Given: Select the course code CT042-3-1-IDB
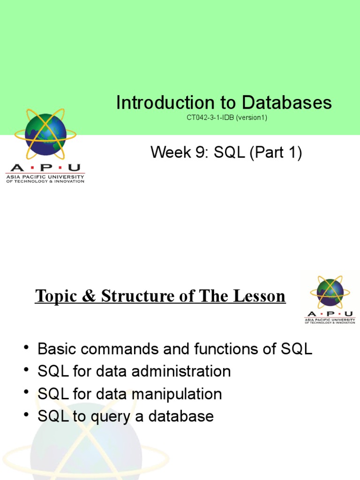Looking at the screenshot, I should [210, 118].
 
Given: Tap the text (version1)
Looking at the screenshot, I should [251, 118].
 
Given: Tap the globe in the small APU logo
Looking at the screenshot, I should [330, 292].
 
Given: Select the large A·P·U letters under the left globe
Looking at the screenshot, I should [45, 168].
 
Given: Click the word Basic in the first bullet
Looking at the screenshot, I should [58, 349].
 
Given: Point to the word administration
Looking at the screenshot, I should [182, 372].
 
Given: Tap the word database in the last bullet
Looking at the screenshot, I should [183, 416].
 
